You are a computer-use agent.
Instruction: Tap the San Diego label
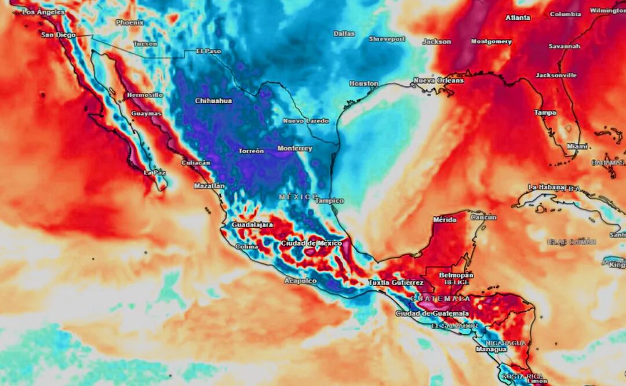click(x=58, y=35)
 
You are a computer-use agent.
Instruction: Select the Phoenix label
click(x=130, y=23)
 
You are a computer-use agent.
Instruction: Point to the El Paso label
click(x=209, y=51)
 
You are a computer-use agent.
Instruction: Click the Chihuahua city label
click(x=213, y=101)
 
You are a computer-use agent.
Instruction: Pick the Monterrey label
click(x=294, y=148)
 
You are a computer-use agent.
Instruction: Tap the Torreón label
click(x=251, y=151)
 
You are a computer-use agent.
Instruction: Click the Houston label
click(x=363, y=83)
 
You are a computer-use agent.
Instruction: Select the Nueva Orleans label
click(x=438, y=81)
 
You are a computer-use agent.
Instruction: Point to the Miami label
click(x=573, y=147)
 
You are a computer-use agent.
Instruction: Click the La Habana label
click(x=546, y=187)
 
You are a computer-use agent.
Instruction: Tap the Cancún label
click(x=483, y=217)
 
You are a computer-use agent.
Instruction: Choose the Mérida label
click(x=445, y=220)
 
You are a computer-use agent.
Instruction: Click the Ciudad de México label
click(x=311, y=243)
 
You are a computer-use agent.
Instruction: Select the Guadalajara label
click(x=252, y=224)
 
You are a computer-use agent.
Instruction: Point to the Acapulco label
click(x=300, y=281)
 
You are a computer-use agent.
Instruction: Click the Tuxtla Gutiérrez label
click(x=396, y=283)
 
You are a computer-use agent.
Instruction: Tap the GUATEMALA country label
click(x=441, y=298)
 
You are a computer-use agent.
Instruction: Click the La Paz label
click(x=155, y=173)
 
